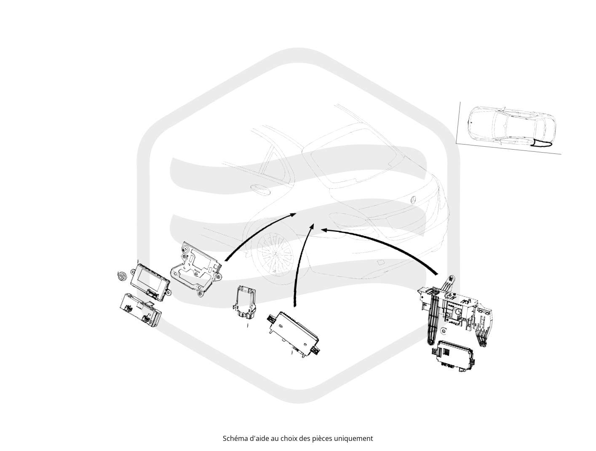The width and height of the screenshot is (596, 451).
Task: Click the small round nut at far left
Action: (x=122, y=277)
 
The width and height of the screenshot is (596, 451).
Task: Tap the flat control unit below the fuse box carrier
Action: (x=452, y=355)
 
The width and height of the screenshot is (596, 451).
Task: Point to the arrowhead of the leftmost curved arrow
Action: (x=292, y=215)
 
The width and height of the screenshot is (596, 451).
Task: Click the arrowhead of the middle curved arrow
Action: (x=312, y=227)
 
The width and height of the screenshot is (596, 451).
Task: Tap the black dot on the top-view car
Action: (x=471, y=123)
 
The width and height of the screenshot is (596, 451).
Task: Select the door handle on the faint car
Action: (x=260, y=189)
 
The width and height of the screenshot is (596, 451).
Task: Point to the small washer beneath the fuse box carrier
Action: (x=443, y=331)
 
